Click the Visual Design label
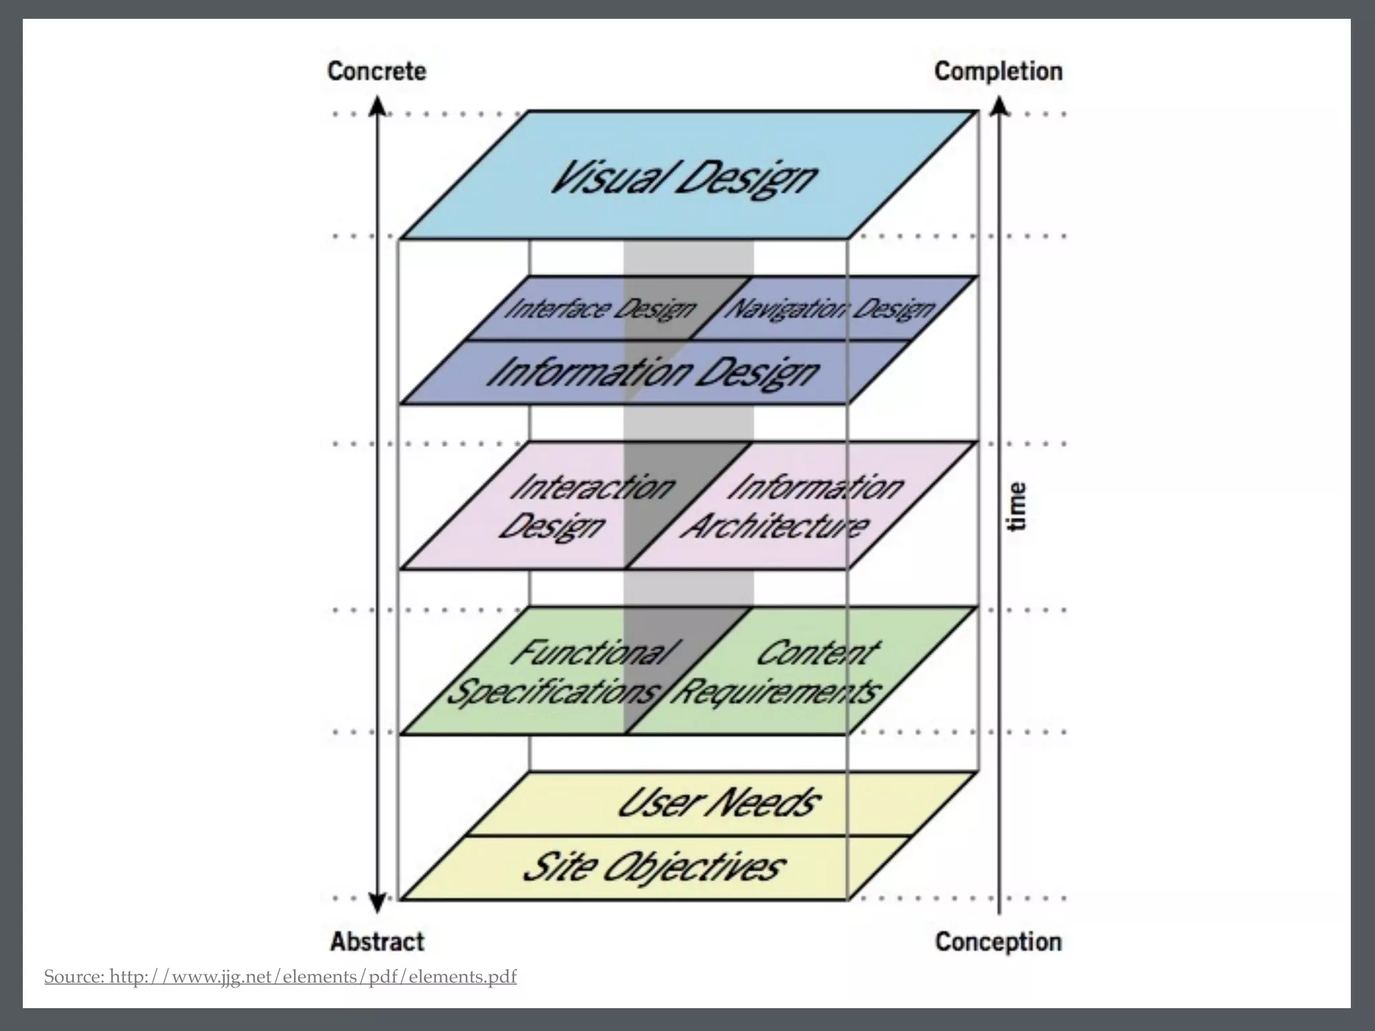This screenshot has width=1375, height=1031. click(x=683, y=178)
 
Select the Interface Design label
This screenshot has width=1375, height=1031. click(x=600, y=309)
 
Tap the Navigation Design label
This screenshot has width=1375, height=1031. click(x=831, y=309)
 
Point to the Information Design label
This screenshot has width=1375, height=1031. click(x=653, y=373)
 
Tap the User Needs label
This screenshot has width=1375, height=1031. click(x=718, y=802)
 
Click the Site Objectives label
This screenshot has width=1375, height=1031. click(x=653, y=867)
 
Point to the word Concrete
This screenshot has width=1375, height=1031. click(x=377, y=71)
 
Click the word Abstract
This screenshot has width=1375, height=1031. click(x=377, y=942)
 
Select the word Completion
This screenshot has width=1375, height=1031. click(x=998, y=71)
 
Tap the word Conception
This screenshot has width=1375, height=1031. click(x=998, y=942)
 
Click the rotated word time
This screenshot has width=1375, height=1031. click(x=1018, y=506)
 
